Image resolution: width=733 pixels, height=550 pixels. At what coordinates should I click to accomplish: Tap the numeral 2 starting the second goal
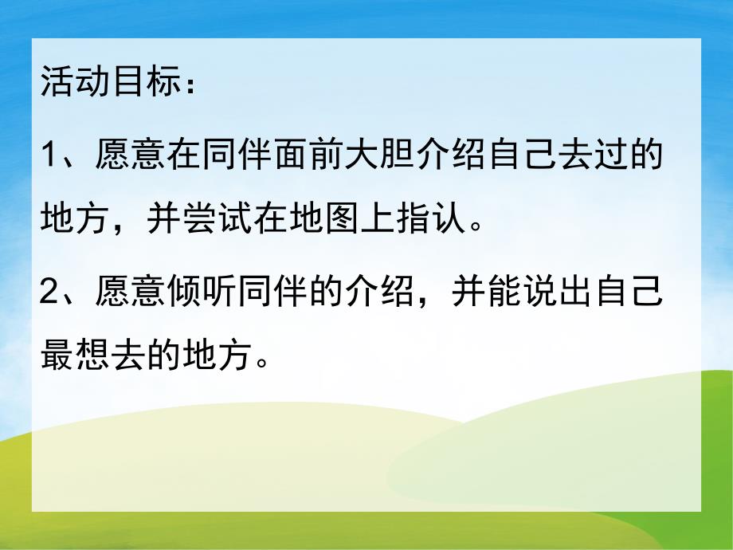[50, 290]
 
